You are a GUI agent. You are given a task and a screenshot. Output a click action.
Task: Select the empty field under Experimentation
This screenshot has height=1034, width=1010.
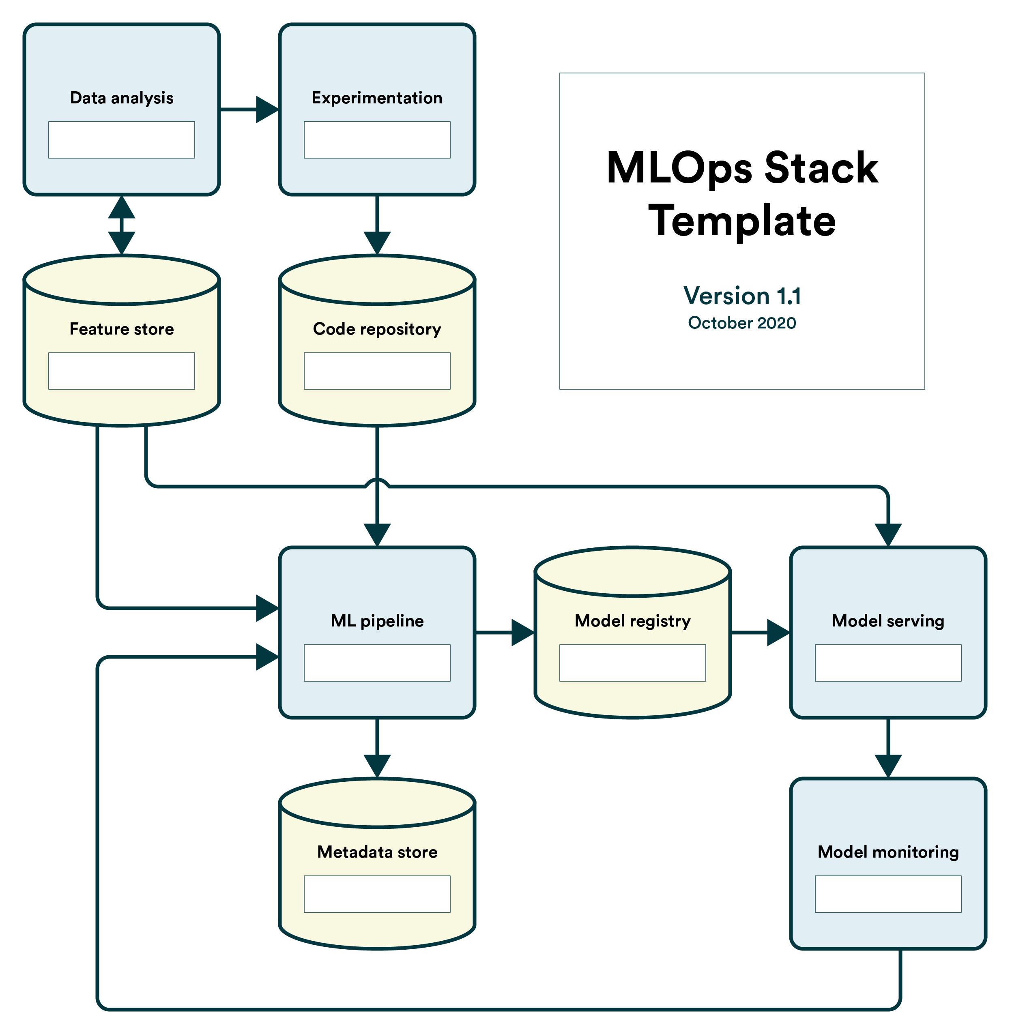[377, 140]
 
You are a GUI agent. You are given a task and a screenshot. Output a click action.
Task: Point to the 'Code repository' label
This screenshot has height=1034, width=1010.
[377, 329]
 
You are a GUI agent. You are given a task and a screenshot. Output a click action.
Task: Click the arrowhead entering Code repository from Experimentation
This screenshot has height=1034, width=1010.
[377, 243]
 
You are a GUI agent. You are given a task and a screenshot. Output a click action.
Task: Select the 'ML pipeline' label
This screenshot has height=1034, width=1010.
[377, 621]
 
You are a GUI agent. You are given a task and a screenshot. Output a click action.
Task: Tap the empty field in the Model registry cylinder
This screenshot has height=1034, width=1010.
[632, 663]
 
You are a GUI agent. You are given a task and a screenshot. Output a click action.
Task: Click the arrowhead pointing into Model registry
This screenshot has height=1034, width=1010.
[523, 632]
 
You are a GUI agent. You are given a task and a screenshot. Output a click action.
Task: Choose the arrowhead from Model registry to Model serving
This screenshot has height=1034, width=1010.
[779, 632]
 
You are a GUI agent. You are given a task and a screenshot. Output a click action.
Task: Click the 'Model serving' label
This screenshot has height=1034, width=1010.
[888, 621]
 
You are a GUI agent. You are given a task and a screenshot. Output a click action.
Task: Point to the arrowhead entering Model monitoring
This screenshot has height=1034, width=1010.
[888, 766]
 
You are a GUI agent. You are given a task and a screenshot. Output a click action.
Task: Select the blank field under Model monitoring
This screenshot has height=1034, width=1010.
[888, 894]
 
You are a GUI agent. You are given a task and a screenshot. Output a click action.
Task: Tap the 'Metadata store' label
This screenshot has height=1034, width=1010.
[377, 852]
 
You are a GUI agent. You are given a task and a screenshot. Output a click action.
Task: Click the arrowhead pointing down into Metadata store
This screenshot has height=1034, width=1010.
[377, 766]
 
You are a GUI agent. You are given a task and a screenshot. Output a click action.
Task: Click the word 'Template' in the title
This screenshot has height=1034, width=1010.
[742, 221]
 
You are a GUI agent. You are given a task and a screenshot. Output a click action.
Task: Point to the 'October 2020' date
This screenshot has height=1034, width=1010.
[742, 323]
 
